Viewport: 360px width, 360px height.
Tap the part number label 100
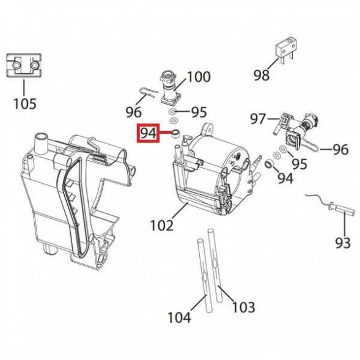198,77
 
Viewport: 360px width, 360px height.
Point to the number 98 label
261,75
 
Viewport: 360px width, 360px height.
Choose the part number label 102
162,225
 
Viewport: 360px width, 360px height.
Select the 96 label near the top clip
133,112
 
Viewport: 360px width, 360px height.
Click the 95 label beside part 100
199,112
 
